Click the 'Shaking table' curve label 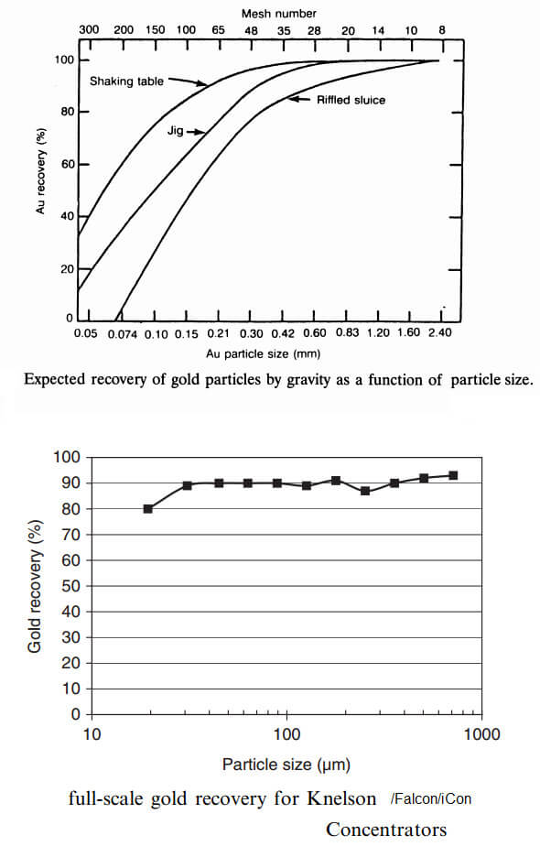pyautogui.click(x=126, y=81)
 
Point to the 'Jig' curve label pyautogui.click(x=176, y=131)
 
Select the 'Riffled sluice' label pyautogui.click(x=351, y=100)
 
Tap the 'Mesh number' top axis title pyautogui.click(x=279, y=14)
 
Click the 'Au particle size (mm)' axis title pyautogui.click(x=264, y=353)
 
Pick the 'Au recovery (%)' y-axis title pyautogui.click(x=40, y=171)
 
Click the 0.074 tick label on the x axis pyautogui.click(x=123, y=334)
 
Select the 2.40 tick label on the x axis pyautogui.click(x=440, y=332)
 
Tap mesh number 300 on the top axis pyautogui.click(x=89, y=29)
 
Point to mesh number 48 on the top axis pyautogui.click(x=251, y=30)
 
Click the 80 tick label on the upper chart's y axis pyautogui.click(x=67, y=112)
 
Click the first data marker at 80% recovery pyautogui.click(x=147, y=509)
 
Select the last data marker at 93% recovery pyautogui.click(x=453, y=475)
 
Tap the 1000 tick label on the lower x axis pyautogui.click(x=481, y=734)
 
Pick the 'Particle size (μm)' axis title pyautogui.click(x=286, y=765)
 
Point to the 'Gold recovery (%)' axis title pyautogui.click(x=34, y=586)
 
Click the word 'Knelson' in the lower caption pyautogui.click(x=341, y=798)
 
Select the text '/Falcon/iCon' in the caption pyautogui.click(x=430, y=798)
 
